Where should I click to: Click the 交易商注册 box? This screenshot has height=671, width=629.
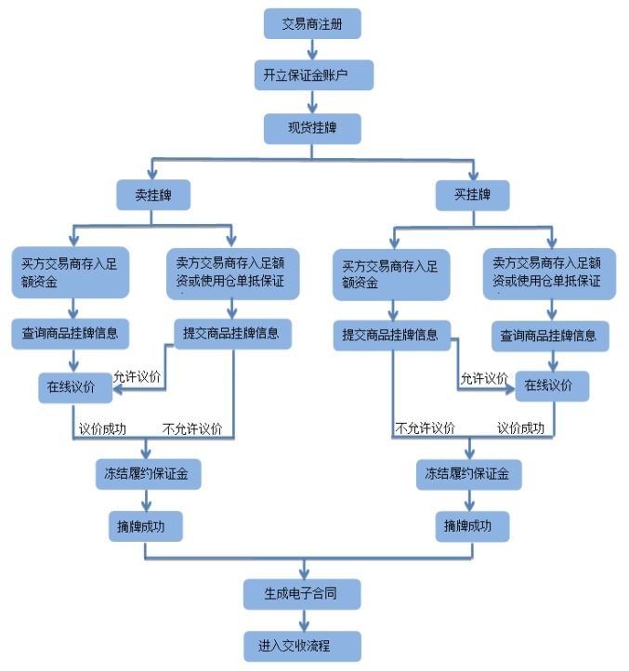tap(312, 23)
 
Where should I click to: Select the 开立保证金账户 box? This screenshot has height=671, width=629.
tap(312, 75)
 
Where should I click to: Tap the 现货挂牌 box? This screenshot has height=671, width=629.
tap(312, 127)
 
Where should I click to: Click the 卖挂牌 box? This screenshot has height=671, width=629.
tap(154, 195)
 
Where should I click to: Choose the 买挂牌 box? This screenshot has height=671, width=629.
tap(473, 194)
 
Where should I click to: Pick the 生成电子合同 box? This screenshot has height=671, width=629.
tap(302, 594)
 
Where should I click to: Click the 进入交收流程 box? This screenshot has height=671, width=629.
tap(302, 645)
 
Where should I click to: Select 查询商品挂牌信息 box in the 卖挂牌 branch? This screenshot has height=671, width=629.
tap(71, 334)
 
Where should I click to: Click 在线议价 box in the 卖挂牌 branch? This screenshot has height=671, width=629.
tap(74, 388)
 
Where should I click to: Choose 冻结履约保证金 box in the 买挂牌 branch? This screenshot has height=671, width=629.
tap(467, 474)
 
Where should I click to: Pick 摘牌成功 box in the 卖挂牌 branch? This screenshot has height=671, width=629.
tap(144, 526)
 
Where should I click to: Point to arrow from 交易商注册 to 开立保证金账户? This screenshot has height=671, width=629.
tap(312, 49)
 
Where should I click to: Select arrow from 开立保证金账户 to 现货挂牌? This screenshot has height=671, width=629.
tap(312, 101)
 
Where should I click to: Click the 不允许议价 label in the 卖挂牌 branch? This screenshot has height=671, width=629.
tap(192, 428)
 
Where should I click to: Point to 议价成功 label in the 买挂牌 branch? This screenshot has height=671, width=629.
tap(521, 428)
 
